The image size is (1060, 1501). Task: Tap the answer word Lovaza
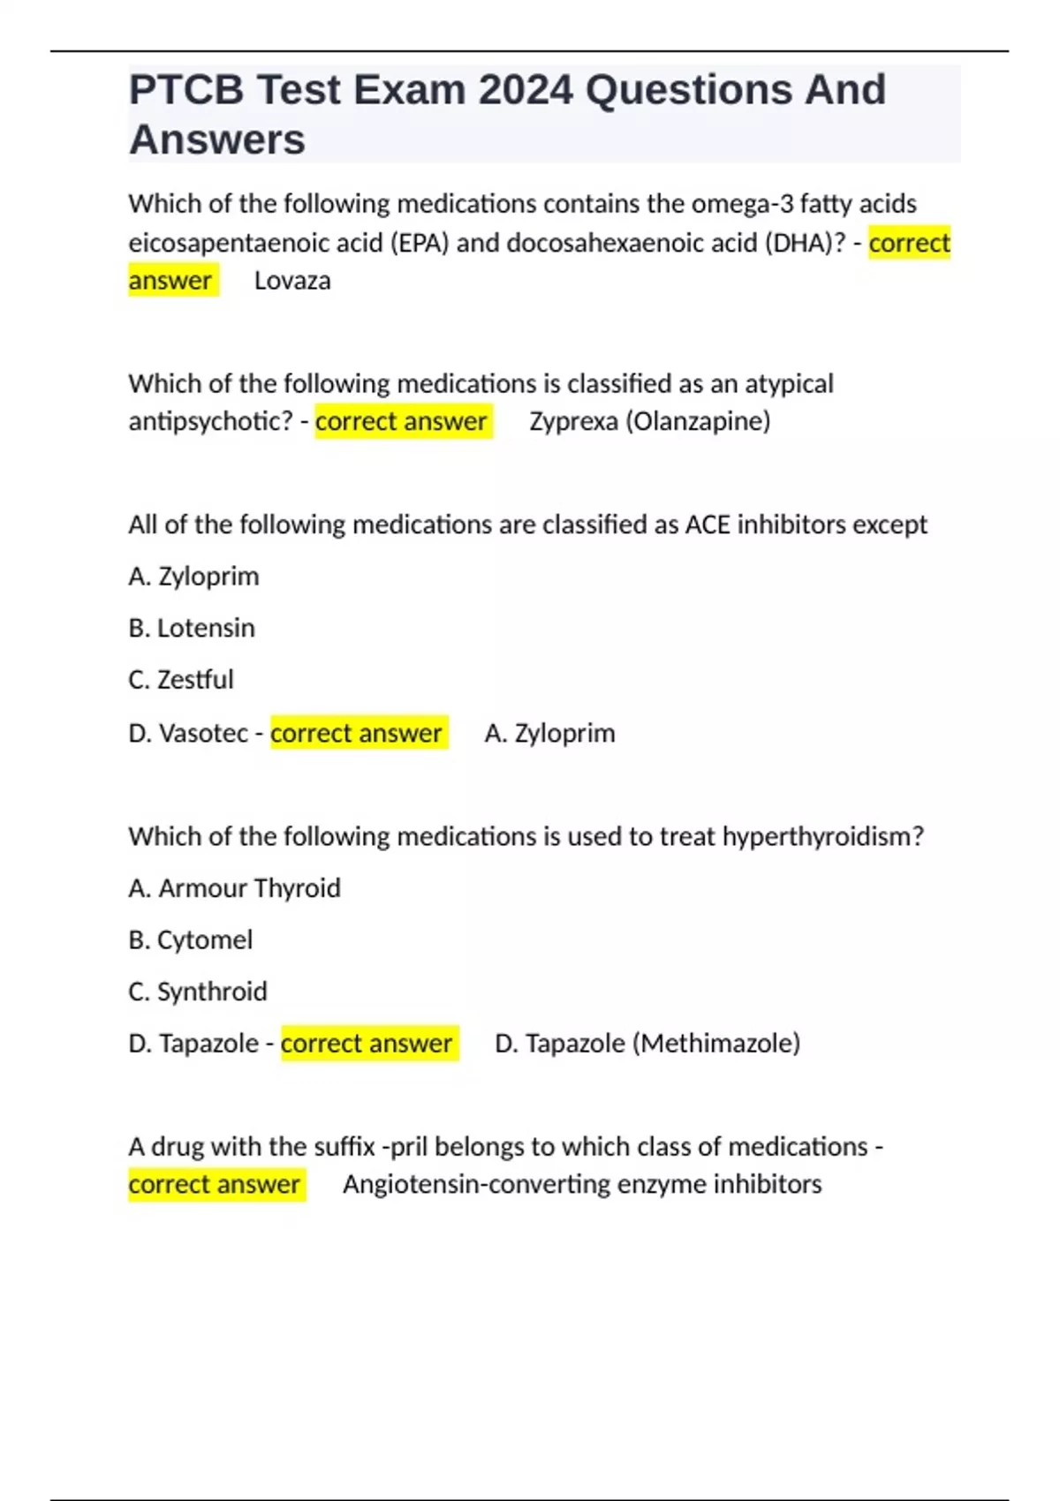[x=292, y=281]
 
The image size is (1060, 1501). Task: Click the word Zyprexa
[x=573, y=421]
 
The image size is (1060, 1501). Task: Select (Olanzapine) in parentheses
[x=698, y=421]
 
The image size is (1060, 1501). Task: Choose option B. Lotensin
[x=192, y=628]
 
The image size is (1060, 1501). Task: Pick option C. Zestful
[x=181, y=680]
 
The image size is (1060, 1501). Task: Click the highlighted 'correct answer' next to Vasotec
[x=357, y=733]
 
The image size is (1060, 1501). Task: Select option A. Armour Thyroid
[x=234, y=888]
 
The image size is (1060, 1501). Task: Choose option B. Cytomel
[x=191, y=939]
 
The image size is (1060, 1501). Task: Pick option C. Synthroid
[x=198, y=992]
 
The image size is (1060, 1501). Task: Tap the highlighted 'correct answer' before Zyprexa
[x=402, y=421]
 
